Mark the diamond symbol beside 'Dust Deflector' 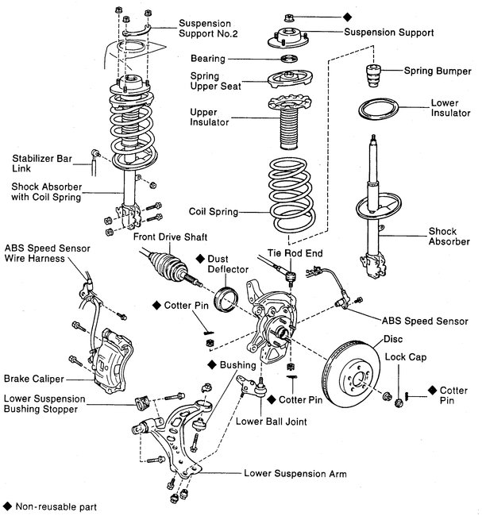(201, 258)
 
